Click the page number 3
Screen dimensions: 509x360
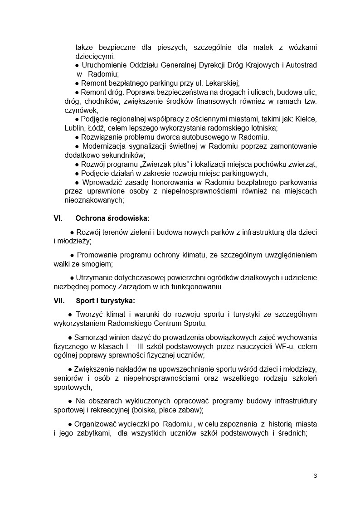click(315, 475)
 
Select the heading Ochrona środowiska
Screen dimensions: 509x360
click(112, 218)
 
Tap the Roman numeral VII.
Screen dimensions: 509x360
click(59, 300)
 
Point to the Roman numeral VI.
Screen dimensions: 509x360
click(58, 218)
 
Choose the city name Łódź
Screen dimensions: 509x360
click(100, 128)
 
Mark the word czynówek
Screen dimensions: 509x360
click(81, 110)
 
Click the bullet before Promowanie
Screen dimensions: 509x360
click(72, 255)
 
